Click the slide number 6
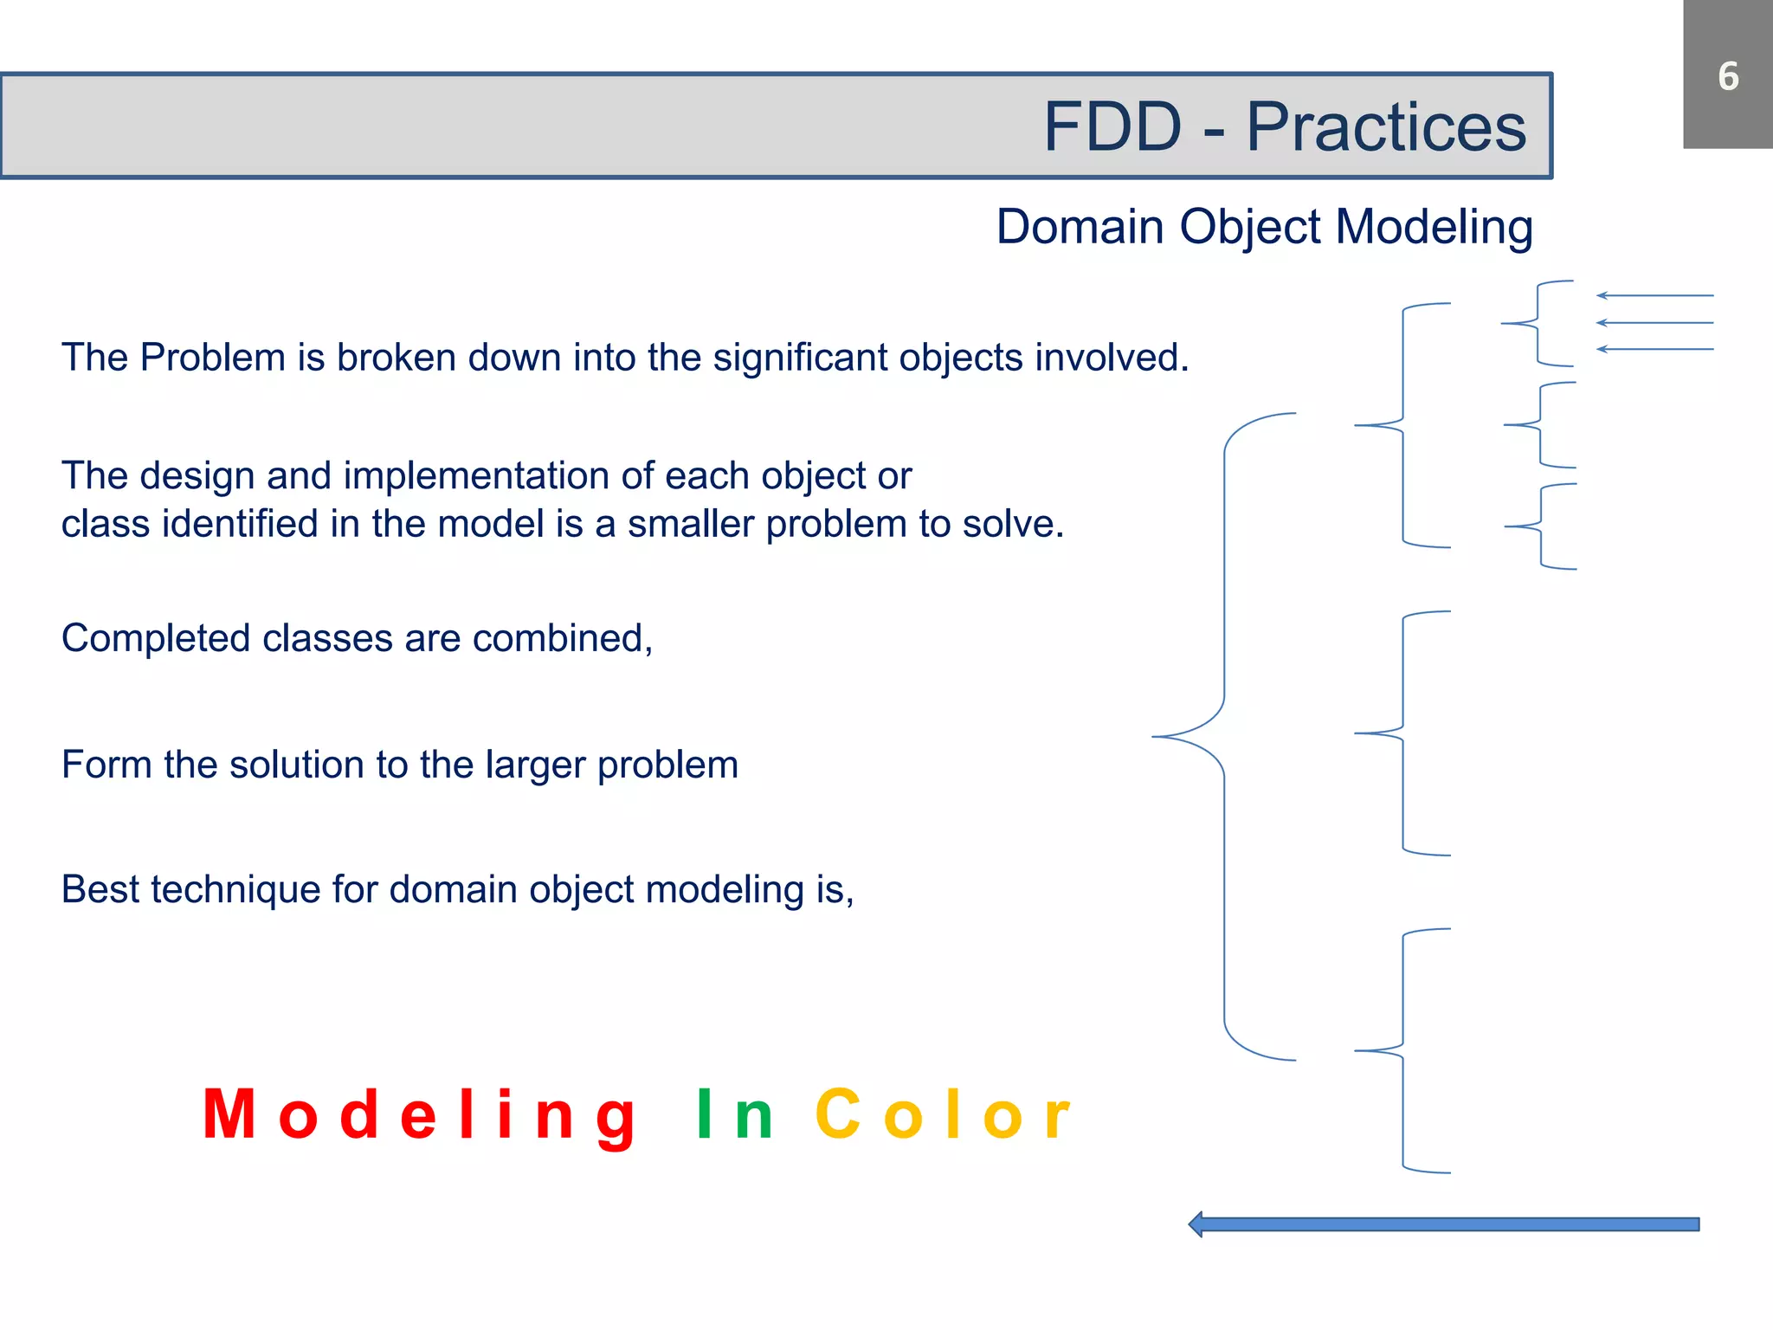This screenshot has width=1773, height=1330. click(1728, 76)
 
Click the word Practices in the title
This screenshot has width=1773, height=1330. click(1385, 127)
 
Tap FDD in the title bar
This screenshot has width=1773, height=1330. click(1112, 127)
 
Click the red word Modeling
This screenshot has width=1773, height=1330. click(420, 1115)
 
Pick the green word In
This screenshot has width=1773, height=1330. click(734, 1115)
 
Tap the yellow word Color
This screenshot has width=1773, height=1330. click(944, 1115)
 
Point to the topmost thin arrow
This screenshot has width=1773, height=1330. click(1654, 296)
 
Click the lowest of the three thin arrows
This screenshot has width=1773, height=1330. click(1654, 350)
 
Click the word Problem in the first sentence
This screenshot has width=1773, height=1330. click(212, 358)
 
